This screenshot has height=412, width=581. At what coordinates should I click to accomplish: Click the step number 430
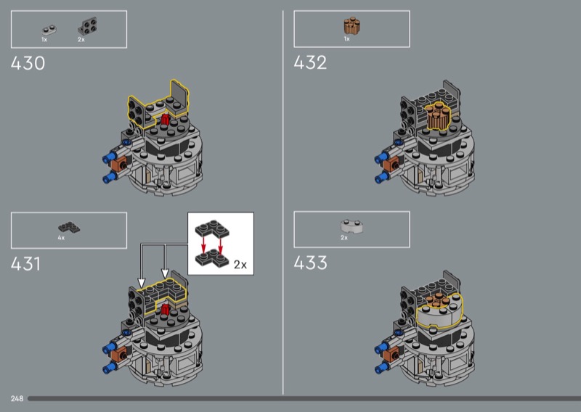(28, 63)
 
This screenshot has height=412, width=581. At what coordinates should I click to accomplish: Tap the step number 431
(25, 264)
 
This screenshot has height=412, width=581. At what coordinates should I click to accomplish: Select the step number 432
(310, 62)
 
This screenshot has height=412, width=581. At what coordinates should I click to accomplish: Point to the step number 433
(310, 263)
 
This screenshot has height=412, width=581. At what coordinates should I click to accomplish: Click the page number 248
(17, 399)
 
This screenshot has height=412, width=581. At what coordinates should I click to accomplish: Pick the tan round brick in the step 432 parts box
(351, 26)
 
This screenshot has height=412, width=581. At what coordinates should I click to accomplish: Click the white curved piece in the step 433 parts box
(352, 226)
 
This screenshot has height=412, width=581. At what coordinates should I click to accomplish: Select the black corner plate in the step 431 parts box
(69, 227)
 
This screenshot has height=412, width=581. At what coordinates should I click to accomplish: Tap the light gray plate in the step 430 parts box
(49, 30)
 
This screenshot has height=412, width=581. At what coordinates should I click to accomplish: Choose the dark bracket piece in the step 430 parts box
(87, 26)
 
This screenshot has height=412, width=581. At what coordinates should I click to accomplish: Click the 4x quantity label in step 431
(61, 238)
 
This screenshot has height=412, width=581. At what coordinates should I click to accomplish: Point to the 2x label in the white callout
(240, 265)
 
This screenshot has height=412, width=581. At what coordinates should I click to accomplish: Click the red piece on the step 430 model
(166, 120)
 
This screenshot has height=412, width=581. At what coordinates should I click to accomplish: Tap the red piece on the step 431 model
(166, 310)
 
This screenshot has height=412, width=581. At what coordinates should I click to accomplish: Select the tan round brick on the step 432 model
(438, 118)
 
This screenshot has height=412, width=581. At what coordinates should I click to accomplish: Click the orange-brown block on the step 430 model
(120, 163)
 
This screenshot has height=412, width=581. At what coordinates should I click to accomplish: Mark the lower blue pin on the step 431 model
(110, 367)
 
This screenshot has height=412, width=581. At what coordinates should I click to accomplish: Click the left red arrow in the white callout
(203, 245)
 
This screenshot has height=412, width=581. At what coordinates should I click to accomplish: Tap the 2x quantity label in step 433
(344, 238)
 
